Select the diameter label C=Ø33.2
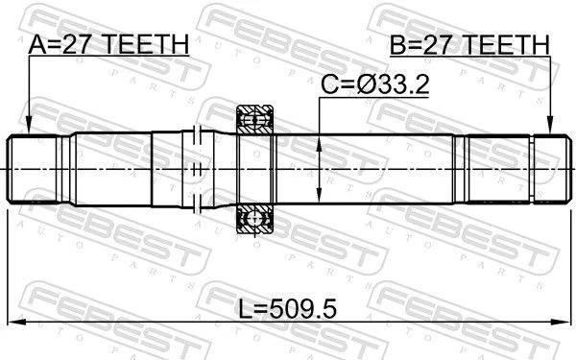pos(373,85)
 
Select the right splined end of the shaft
pos(542,170)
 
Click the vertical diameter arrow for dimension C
pos(319,163)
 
